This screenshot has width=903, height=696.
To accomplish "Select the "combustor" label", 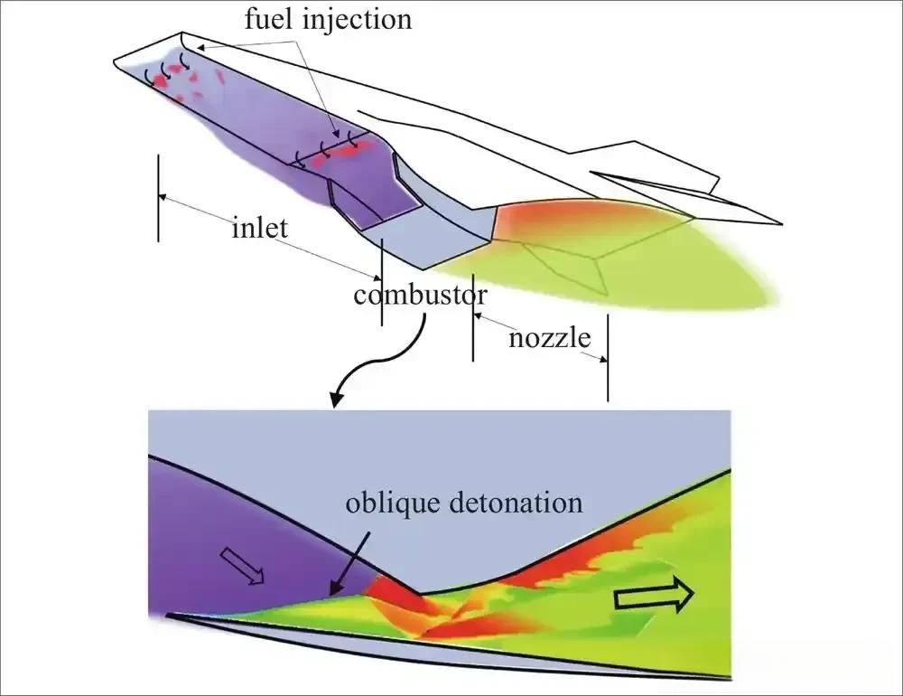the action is click(x=421, y=295).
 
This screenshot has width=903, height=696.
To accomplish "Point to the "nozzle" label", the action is click(x=550, y=338).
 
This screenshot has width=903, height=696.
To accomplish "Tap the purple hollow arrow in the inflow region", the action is click(x=242, y=566).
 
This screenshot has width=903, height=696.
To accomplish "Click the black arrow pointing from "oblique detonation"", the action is click(x=349, y=563).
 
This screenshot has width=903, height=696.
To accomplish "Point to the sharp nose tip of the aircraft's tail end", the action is click(x=780, y=223).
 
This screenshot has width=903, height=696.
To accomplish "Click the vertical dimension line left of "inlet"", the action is click(x=158, y=198).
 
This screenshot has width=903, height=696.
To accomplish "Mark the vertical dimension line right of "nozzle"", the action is click(x=608, y=358).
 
